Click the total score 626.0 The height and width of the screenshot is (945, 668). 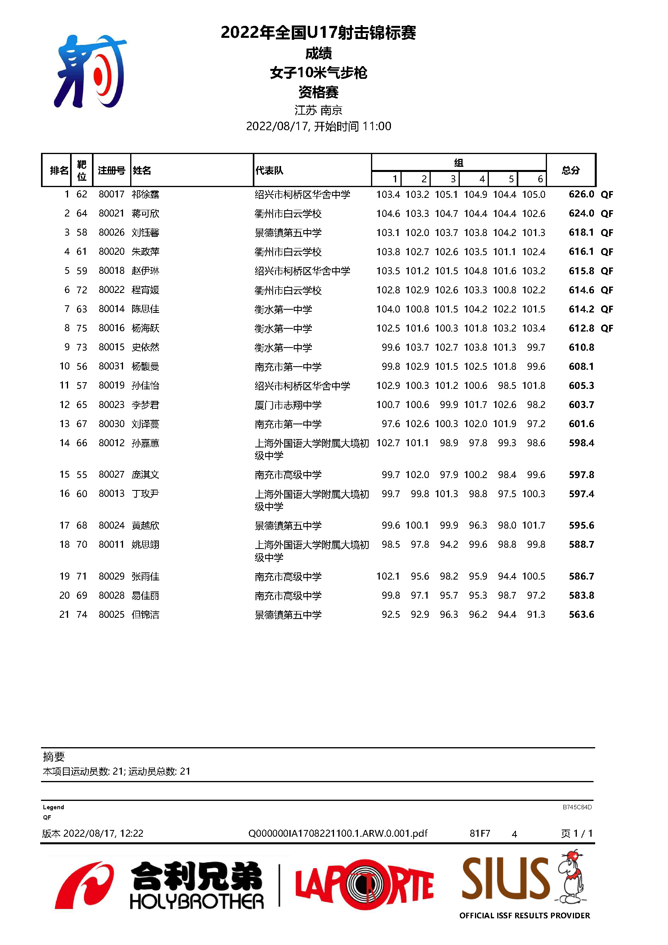(x=581, y=194)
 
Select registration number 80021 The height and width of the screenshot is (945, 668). (x=111, y=213)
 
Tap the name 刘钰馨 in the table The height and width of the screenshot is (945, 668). (x=145, y=232)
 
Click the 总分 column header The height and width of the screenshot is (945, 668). (x=570, y=170)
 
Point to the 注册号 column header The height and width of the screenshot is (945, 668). (x=111, y=170)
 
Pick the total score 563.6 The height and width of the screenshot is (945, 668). (x=581, y=615)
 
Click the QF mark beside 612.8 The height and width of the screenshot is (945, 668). (x=607, y=328)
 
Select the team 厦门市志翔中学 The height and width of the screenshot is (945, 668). (x=288, y=405)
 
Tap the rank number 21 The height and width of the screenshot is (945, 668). (x=64, y=615)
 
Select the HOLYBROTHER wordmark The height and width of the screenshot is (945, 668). (x=197, y=901)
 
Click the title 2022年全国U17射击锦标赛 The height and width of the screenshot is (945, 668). (x=318, y=33)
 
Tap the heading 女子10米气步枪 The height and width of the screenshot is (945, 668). (x=318, y=73)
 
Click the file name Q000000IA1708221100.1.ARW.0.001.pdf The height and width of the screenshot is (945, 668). (x=338, y=834)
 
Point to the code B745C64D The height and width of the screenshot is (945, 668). (x=577, y=807)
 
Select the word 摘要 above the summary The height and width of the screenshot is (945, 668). (x=54, y=756)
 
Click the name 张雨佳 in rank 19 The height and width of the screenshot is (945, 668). (x=145, y=576)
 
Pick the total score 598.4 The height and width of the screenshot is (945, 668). (x=581, y=443)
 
